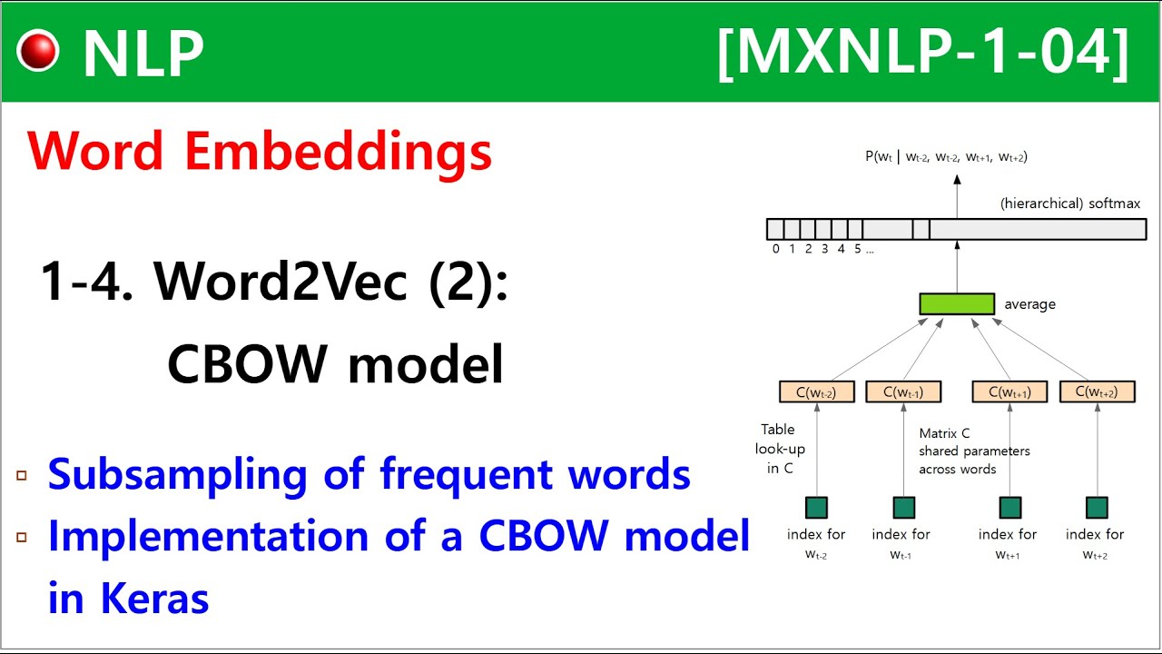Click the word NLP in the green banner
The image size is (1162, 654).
[143, 54]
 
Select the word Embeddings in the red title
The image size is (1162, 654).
[339, 152]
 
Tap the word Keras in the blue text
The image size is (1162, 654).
[155, 598]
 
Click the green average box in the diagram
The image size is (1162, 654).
[956, 303]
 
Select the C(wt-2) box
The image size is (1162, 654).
[816, 391]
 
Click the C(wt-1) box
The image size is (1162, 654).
[902, 391]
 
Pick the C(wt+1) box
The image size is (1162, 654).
[1009, 391]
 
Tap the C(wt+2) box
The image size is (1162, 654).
[1097, 391]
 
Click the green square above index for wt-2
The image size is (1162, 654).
[816, 507]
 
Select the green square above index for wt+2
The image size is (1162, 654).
[1097, 507]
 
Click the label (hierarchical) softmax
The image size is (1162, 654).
[1069, 203]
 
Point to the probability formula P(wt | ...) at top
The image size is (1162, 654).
[946, 157]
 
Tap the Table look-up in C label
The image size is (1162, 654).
[780, 449]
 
